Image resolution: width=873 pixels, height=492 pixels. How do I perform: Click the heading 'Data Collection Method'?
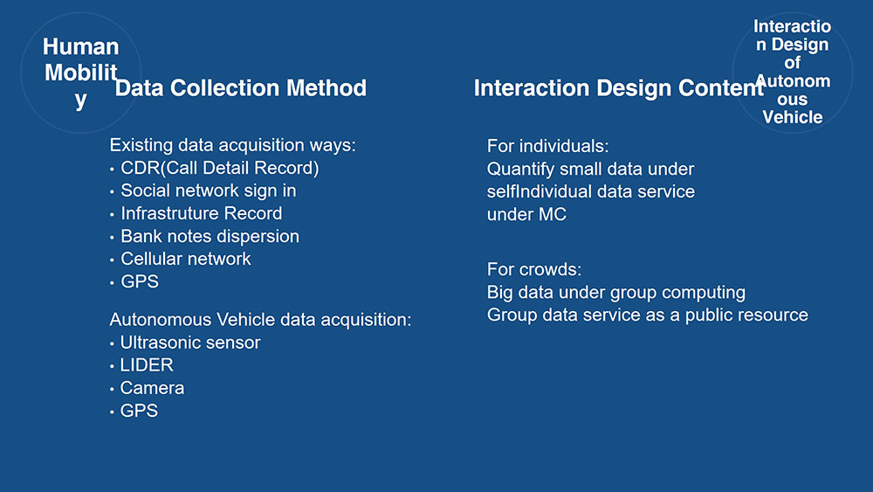(241, 88)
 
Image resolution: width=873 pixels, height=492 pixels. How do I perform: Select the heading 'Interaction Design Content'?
(619, 88)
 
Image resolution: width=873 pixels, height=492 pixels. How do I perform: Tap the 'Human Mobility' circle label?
(80, 73)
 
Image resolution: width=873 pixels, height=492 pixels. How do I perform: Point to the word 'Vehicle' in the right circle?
(793, 117)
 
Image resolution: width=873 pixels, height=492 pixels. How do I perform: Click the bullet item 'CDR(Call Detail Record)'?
(220, 168)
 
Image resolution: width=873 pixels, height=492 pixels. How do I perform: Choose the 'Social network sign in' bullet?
(209, 191)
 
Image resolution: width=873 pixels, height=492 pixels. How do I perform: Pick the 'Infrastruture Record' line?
(202, 213)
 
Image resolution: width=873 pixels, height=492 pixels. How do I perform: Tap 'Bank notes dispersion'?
(210, 236)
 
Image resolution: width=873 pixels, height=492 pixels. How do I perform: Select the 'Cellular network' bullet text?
(186, 259)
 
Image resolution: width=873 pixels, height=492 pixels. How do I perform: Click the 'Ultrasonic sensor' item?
(190, 342)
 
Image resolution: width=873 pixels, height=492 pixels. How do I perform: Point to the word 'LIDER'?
(147, 365)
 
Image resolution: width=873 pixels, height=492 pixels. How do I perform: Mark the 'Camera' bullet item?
(152, 388)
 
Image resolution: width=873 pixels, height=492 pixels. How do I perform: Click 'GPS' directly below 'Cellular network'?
(140, 281)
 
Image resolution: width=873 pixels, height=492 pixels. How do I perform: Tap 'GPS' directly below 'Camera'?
(139, 411)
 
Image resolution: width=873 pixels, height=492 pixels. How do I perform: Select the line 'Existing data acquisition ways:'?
(233, 145)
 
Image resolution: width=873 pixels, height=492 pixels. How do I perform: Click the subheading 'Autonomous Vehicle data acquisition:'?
(260, 319)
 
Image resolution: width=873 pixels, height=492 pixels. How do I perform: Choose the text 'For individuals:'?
(548, 146)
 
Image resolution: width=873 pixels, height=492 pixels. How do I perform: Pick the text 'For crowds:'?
(534, 269)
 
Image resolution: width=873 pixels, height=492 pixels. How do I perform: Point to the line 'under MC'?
(526, 214)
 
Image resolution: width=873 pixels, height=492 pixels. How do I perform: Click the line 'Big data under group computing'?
(616, 292)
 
